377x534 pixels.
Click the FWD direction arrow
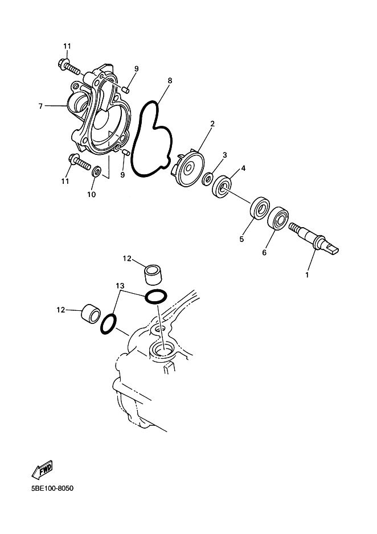tap(42, 469)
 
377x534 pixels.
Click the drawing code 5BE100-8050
tap(52, 488)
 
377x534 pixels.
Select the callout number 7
tap(40, 106)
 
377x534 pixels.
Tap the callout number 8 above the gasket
tap(170, 81)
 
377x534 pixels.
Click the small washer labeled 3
tap(207, 178)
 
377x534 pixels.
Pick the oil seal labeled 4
tap(222, 186)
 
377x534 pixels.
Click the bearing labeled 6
tap(279, 217)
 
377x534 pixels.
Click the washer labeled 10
tap(96, 171)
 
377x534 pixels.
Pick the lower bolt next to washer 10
tap(80, 162)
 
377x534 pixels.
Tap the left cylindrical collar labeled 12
tap(91, 312)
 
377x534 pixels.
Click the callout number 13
tap(120, 285)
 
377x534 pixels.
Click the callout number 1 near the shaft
tap(307, 274)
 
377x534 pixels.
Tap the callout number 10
tap(91, 195)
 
